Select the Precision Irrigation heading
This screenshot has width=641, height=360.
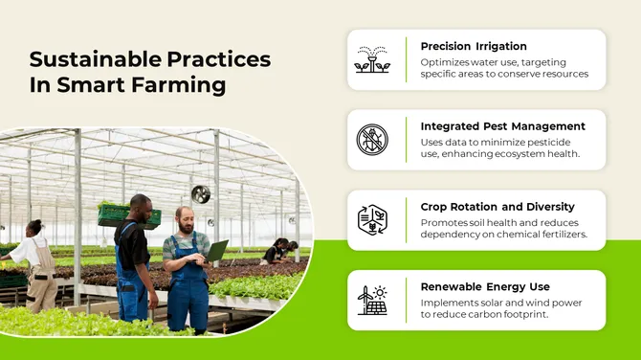pos(474,46)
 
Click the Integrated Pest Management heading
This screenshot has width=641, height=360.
pos(502,126)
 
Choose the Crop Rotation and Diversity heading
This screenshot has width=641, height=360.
pos(497,207)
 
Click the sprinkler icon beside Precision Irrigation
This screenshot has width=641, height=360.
pos(372,59)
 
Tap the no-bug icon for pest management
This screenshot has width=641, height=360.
pos(372,140)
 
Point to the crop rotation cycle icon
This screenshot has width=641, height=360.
pos(372,220)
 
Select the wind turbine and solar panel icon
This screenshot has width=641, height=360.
pos(372,301)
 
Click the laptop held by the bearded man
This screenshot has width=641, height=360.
pos(216,251)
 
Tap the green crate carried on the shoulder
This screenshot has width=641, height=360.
pos(128,214)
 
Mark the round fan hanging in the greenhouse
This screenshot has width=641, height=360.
pos(200,194)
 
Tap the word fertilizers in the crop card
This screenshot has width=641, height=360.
pos(559,235)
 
